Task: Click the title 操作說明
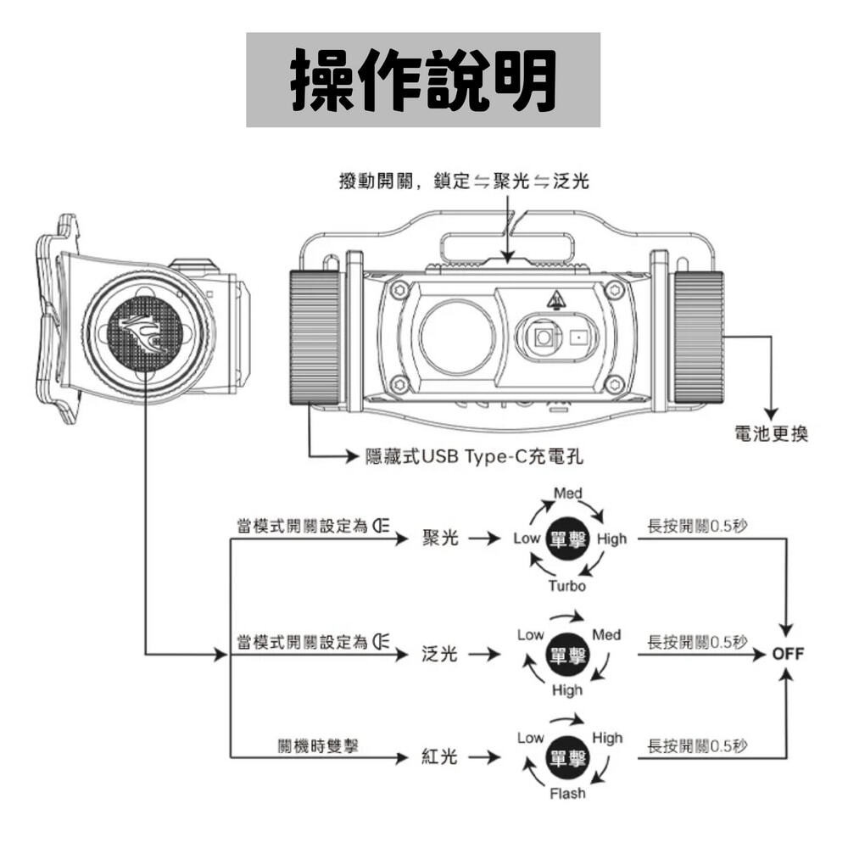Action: pyautogui.click(x=423, y=80)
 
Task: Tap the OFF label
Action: pyautogui.click(x=788, y=654)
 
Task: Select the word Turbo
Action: pyautogui.click(x=566, y=586)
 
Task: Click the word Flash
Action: pyautogui.click(x=566, y=794)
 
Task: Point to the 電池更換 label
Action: pyautogui.click(x=771, y=434)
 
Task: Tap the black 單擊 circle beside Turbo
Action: pyautogui.click(x=567, y=539)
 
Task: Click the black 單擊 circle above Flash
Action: pyautogui.click(x=567, y=757)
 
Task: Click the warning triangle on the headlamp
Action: pyautogui.click(x=555, y=299)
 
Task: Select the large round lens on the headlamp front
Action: pyautogui.click(x=456, y=337)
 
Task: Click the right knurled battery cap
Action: pyautogui.click(x=699, y=337)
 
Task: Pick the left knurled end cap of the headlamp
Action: pyautogui.click(x=315, y=337)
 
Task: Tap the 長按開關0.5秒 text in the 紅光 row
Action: pyautogui.click(x=697, y=745)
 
